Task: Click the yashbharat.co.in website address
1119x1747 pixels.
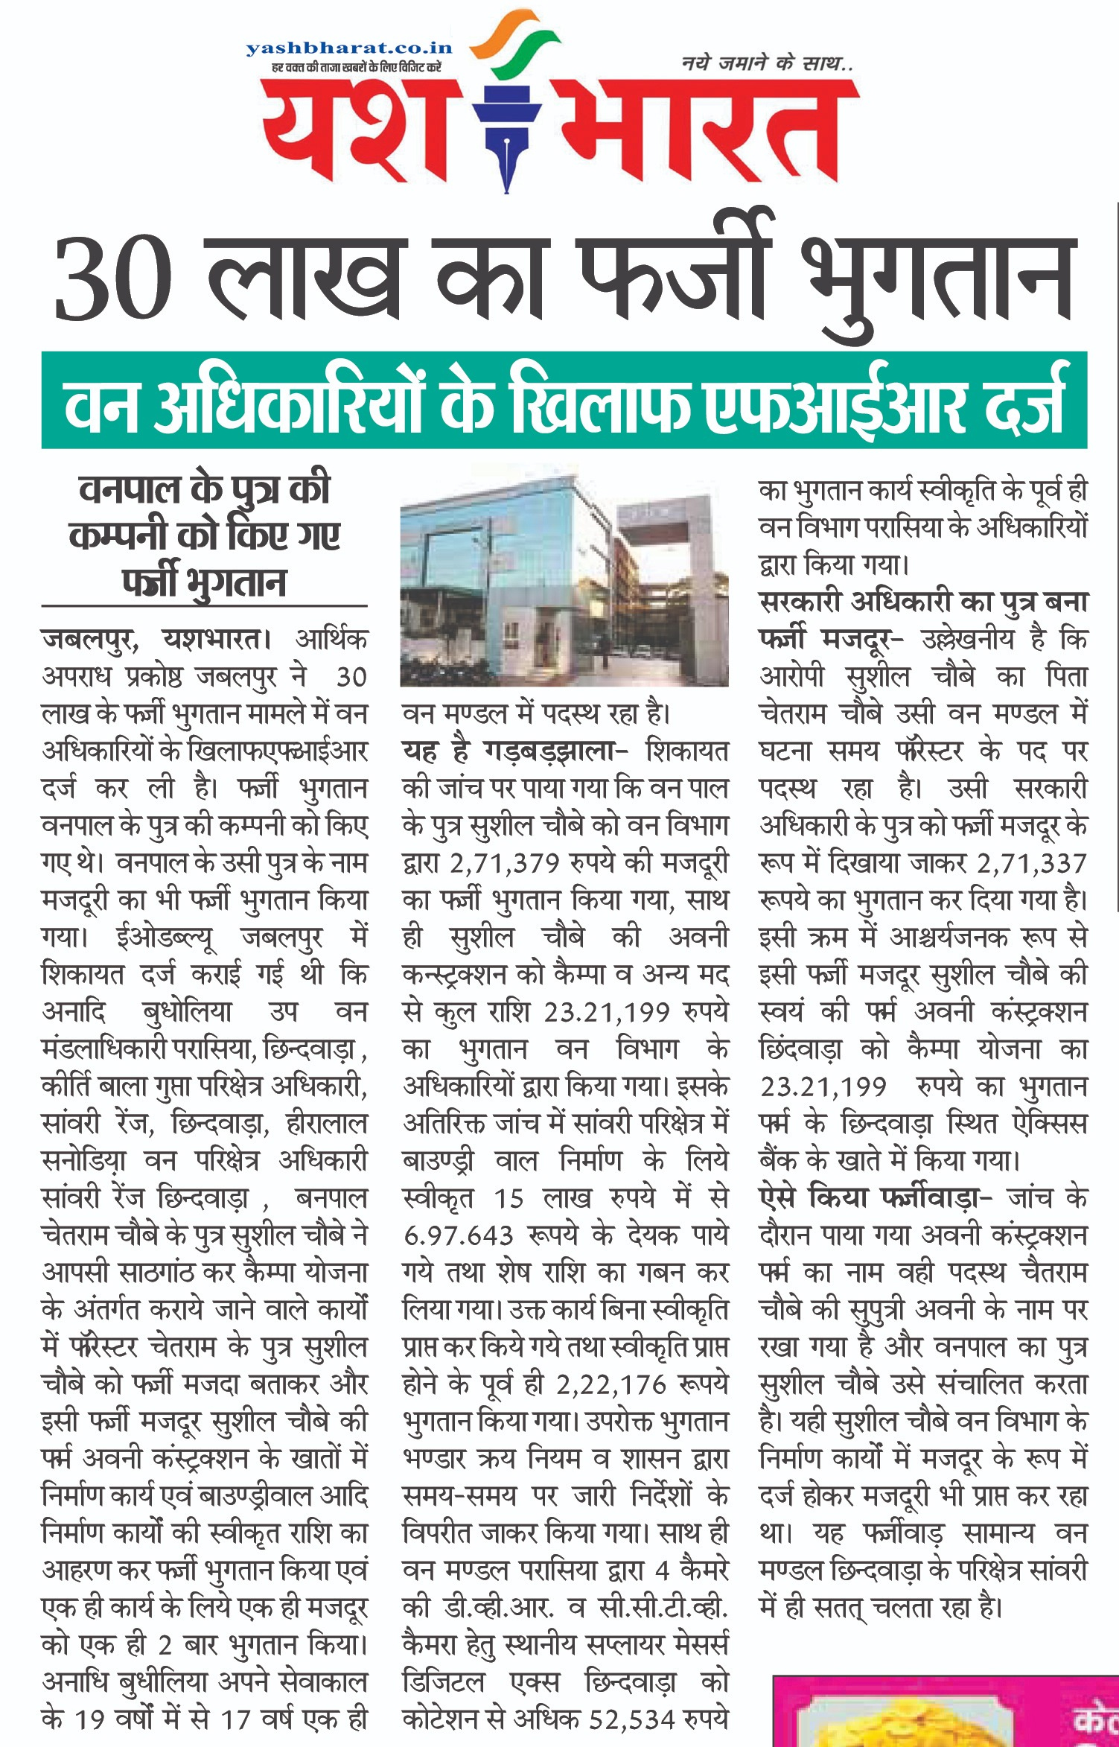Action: pos(348,48)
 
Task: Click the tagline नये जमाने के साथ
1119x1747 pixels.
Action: pos(767,65)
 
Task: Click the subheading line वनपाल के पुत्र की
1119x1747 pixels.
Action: pos(204,491)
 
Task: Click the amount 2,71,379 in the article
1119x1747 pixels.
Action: pos(504,864)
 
